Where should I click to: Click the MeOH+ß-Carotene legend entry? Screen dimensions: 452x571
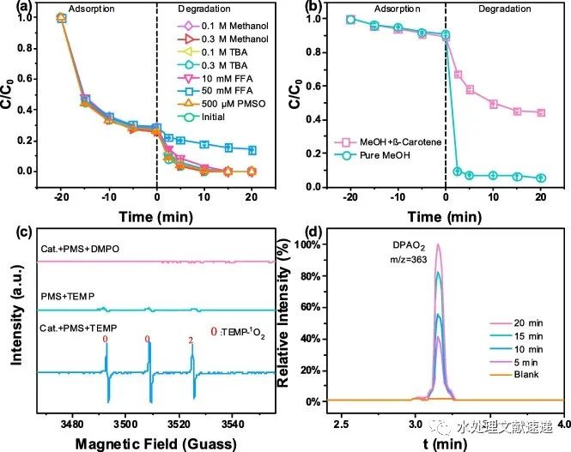(x=378, y=141)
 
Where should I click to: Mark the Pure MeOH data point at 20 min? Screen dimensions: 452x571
(x=541, y=178)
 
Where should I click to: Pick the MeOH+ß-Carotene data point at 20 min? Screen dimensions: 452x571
(x=541, y=112)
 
